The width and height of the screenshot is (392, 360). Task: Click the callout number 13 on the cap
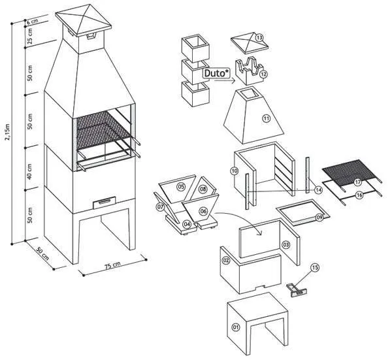click(x=259, y=39)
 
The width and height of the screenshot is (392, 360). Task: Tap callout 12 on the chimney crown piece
click(x=263, y=75)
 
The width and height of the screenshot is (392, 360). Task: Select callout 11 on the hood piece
click(x=267, y=118)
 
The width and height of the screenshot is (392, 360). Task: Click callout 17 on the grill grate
click(x=357, y=182)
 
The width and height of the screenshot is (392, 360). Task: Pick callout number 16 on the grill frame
click(x=359, y=195)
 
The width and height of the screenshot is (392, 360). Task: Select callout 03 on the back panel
click(x=286, y=244)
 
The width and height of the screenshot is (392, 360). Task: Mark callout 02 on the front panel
click(x=225, y=261)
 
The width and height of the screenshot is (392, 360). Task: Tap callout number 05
click(x=181, y=186)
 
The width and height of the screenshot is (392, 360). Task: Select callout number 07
click(x=161, y=208)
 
